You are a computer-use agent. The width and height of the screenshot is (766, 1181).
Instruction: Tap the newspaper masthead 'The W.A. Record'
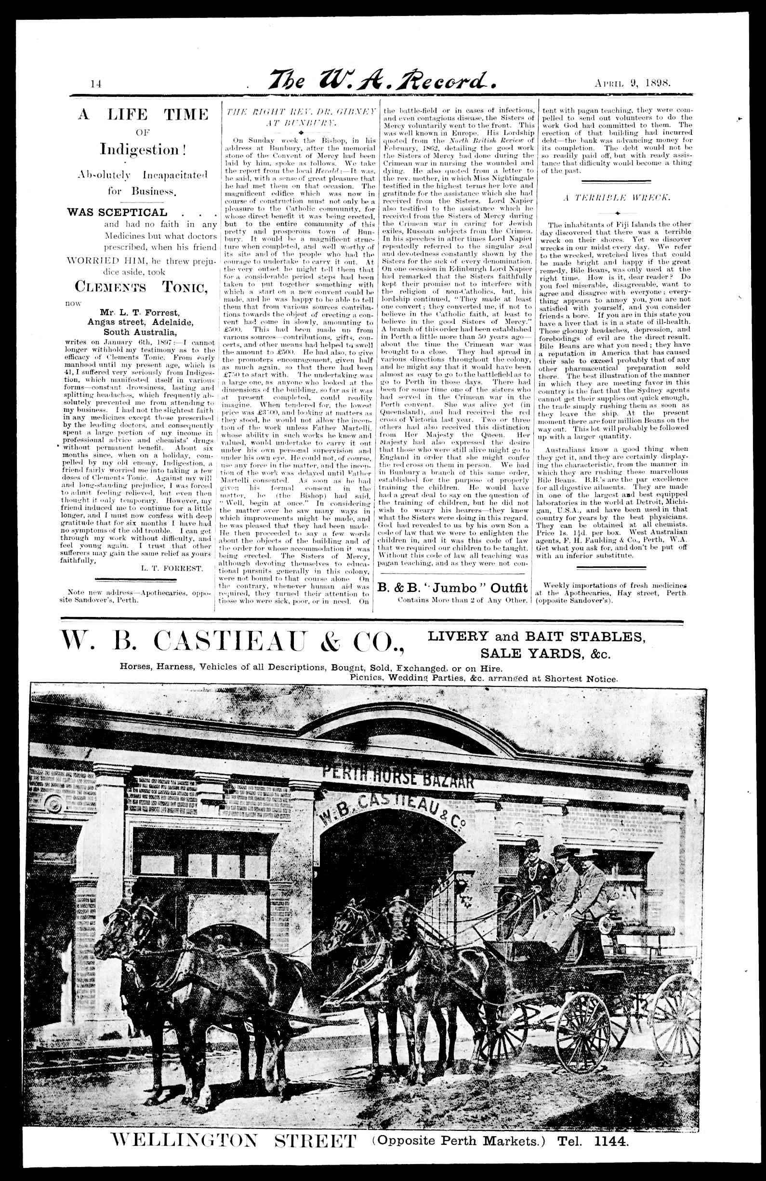(x=381, y=81)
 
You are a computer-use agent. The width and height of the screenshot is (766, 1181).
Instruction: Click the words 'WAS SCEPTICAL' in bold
(x=117, y=213)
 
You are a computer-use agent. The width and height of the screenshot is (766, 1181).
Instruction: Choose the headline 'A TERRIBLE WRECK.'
(x=616, y=198)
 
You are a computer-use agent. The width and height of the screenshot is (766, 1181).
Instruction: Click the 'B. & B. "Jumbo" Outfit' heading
(x=452, y=588)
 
